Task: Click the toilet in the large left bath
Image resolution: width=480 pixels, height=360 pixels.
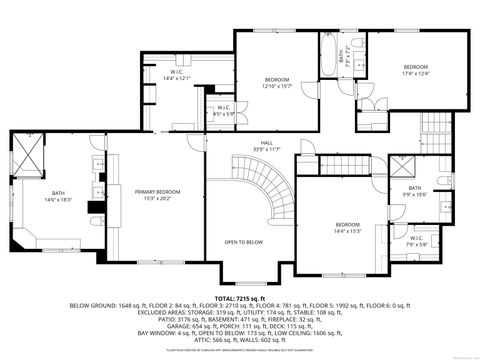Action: coord(94,221)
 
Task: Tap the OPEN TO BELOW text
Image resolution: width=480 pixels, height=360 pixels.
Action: coord(243,242)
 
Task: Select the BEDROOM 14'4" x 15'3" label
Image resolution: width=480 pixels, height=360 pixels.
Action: coord(347,227)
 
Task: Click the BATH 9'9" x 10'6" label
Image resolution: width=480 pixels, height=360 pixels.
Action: coord(414,191)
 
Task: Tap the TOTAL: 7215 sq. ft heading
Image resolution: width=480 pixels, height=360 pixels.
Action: coord(240,297)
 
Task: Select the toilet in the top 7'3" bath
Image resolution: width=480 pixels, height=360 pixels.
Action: coord(356,52)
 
